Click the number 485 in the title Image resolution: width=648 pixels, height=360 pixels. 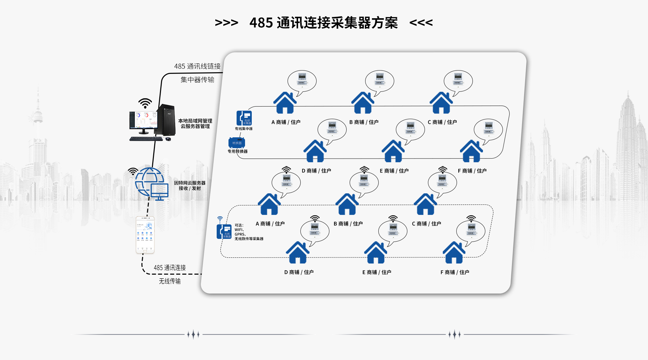click(261, 23)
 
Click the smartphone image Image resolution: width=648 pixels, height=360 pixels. click(145, 235)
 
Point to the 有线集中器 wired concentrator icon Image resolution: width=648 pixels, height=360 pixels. click(244, 118)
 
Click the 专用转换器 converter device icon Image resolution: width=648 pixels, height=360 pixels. click(237, 143)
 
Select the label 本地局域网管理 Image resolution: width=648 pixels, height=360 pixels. click(195, 121)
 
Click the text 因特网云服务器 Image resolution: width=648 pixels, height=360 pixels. click(190, 183)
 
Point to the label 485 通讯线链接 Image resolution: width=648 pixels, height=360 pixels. click(197, 66)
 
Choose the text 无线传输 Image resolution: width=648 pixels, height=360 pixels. click(170, 281)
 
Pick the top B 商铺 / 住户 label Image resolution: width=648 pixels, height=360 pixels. click(364, 122)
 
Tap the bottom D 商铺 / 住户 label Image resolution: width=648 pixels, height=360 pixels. click(299, 272)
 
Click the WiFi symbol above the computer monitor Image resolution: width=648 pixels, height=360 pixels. click(145, 103)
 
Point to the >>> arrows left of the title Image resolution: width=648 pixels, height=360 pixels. click(226, 23)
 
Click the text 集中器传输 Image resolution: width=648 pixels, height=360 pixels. click(197, 80)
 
